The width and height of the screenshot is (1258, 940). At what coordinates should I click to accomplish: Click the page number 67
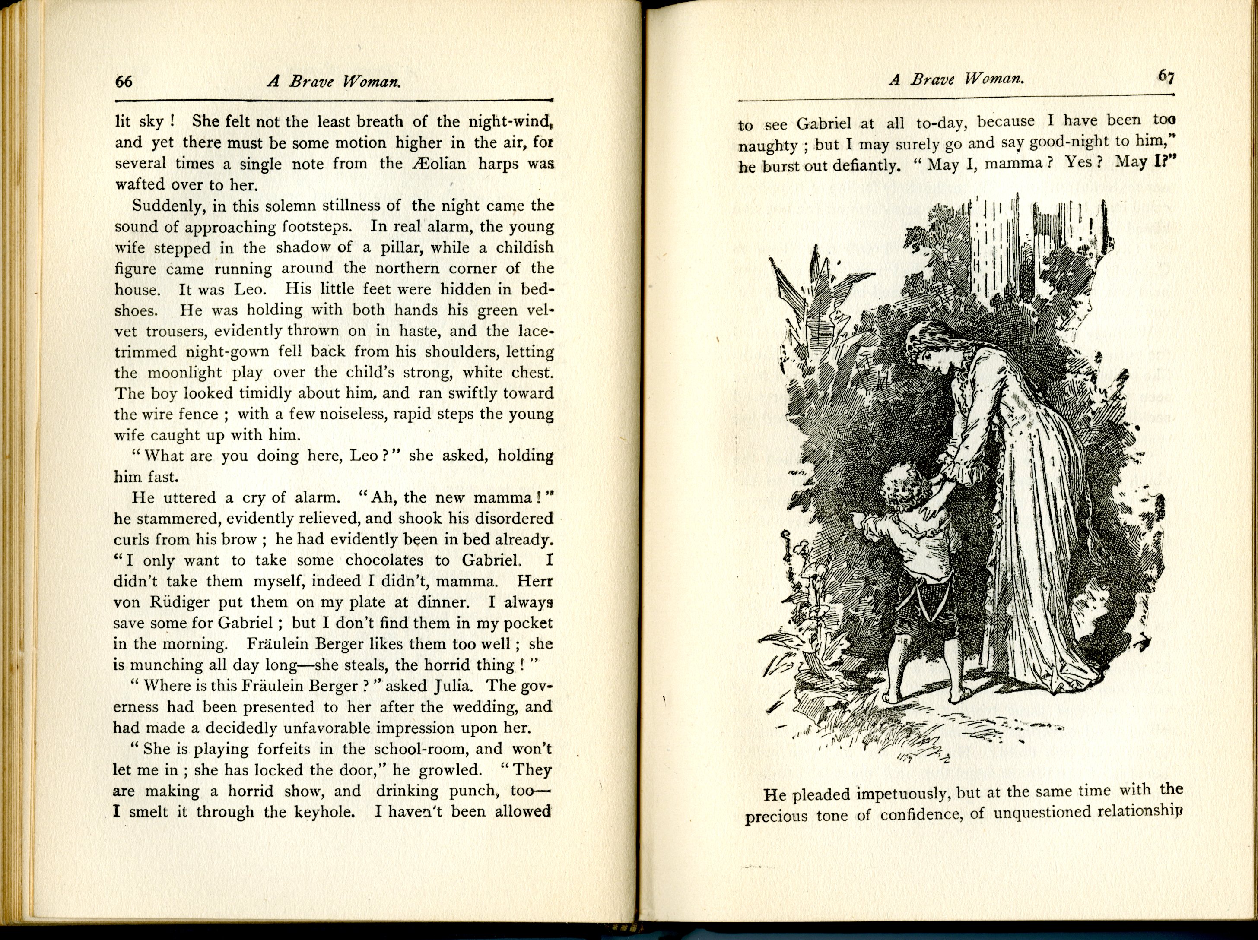1166,77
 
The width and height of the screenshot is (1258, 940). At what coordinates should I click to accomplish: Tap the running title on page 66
334,81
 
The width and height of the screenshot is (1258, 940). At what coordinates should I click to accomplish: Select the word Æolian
438,164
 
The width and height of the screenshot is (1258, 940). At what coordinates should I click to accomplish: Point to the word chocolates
384,560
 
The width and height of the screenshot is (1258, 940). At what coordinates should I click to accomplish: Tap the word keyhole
324,812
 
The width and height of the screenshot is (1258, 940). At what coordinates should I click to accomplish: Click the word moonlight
185,373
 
